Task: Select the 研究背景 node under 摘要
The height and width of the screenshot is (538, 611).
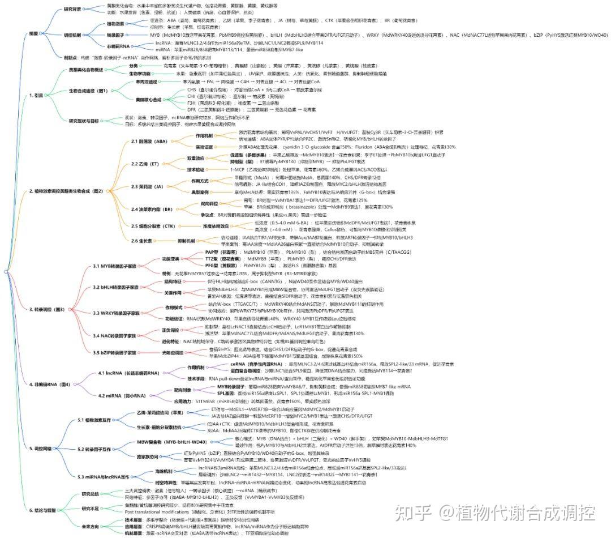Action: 72,10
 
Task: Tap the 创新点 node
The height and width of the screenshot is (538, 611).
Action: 71,57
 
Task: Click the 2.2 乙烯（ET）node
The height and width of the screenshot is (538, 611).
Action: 147,164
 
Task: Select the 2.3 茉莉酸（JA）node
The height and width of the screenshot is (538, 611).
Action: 148,186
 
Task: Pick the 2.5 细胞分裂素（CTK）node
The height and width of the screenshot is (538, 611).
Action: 152,226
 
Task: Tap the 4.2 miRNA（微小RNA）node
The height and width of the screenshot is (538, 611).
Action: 122,395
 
